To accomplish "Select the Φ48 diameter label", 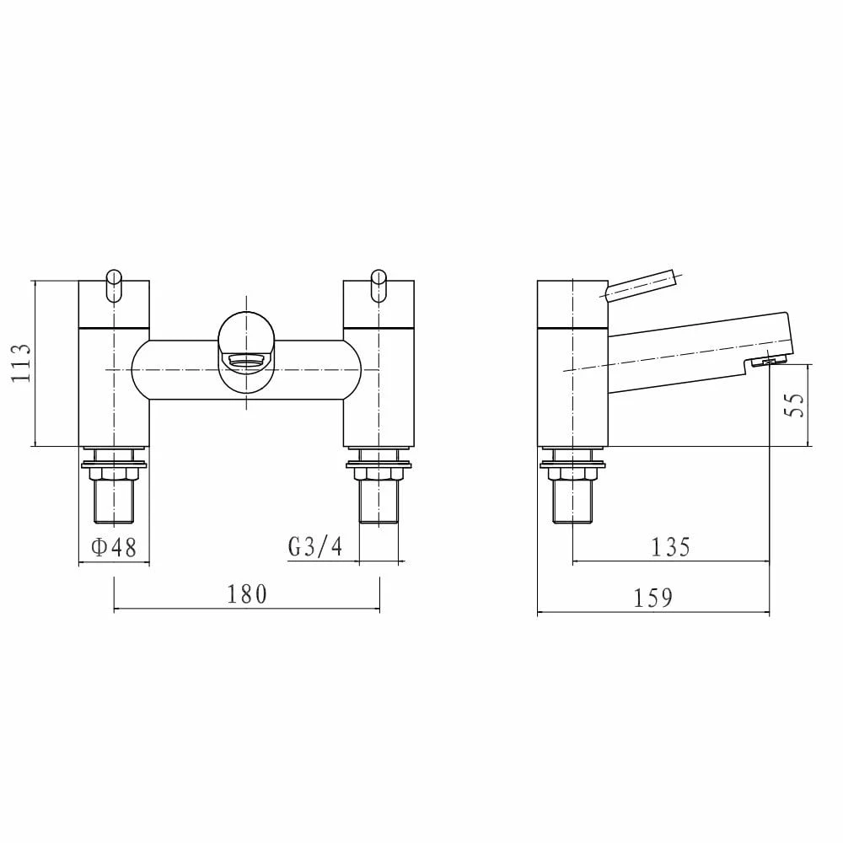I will pyautogui.click(x=113, y=548).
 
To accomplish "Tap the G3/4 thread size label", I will pyautogui.click(x=315, y=548).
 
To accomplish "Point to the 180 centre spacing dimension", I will pyautogui.click(x=246, y=594).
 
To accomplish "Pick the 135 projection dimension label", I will pyautogui.click(x=671, y=548).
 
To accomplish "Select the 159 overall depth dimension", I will pyautogui.click(x=654, y=599).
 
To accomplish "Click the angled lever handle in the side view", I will pyautogui.click(x=641, y=284).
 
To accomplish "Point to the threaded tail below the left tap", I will pyautogui.click(x=114, y=502).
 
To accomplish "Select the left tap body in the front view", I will pyautogui.click(x=114, y=379).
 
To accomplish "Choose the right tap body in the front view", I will pyautogui.click(x=379, y=379).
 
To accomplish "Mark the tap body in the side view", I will pyautogui.click(x=572, y=379).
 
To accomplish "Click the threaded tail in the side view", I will pyautogui.click(x=572, y=502).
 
